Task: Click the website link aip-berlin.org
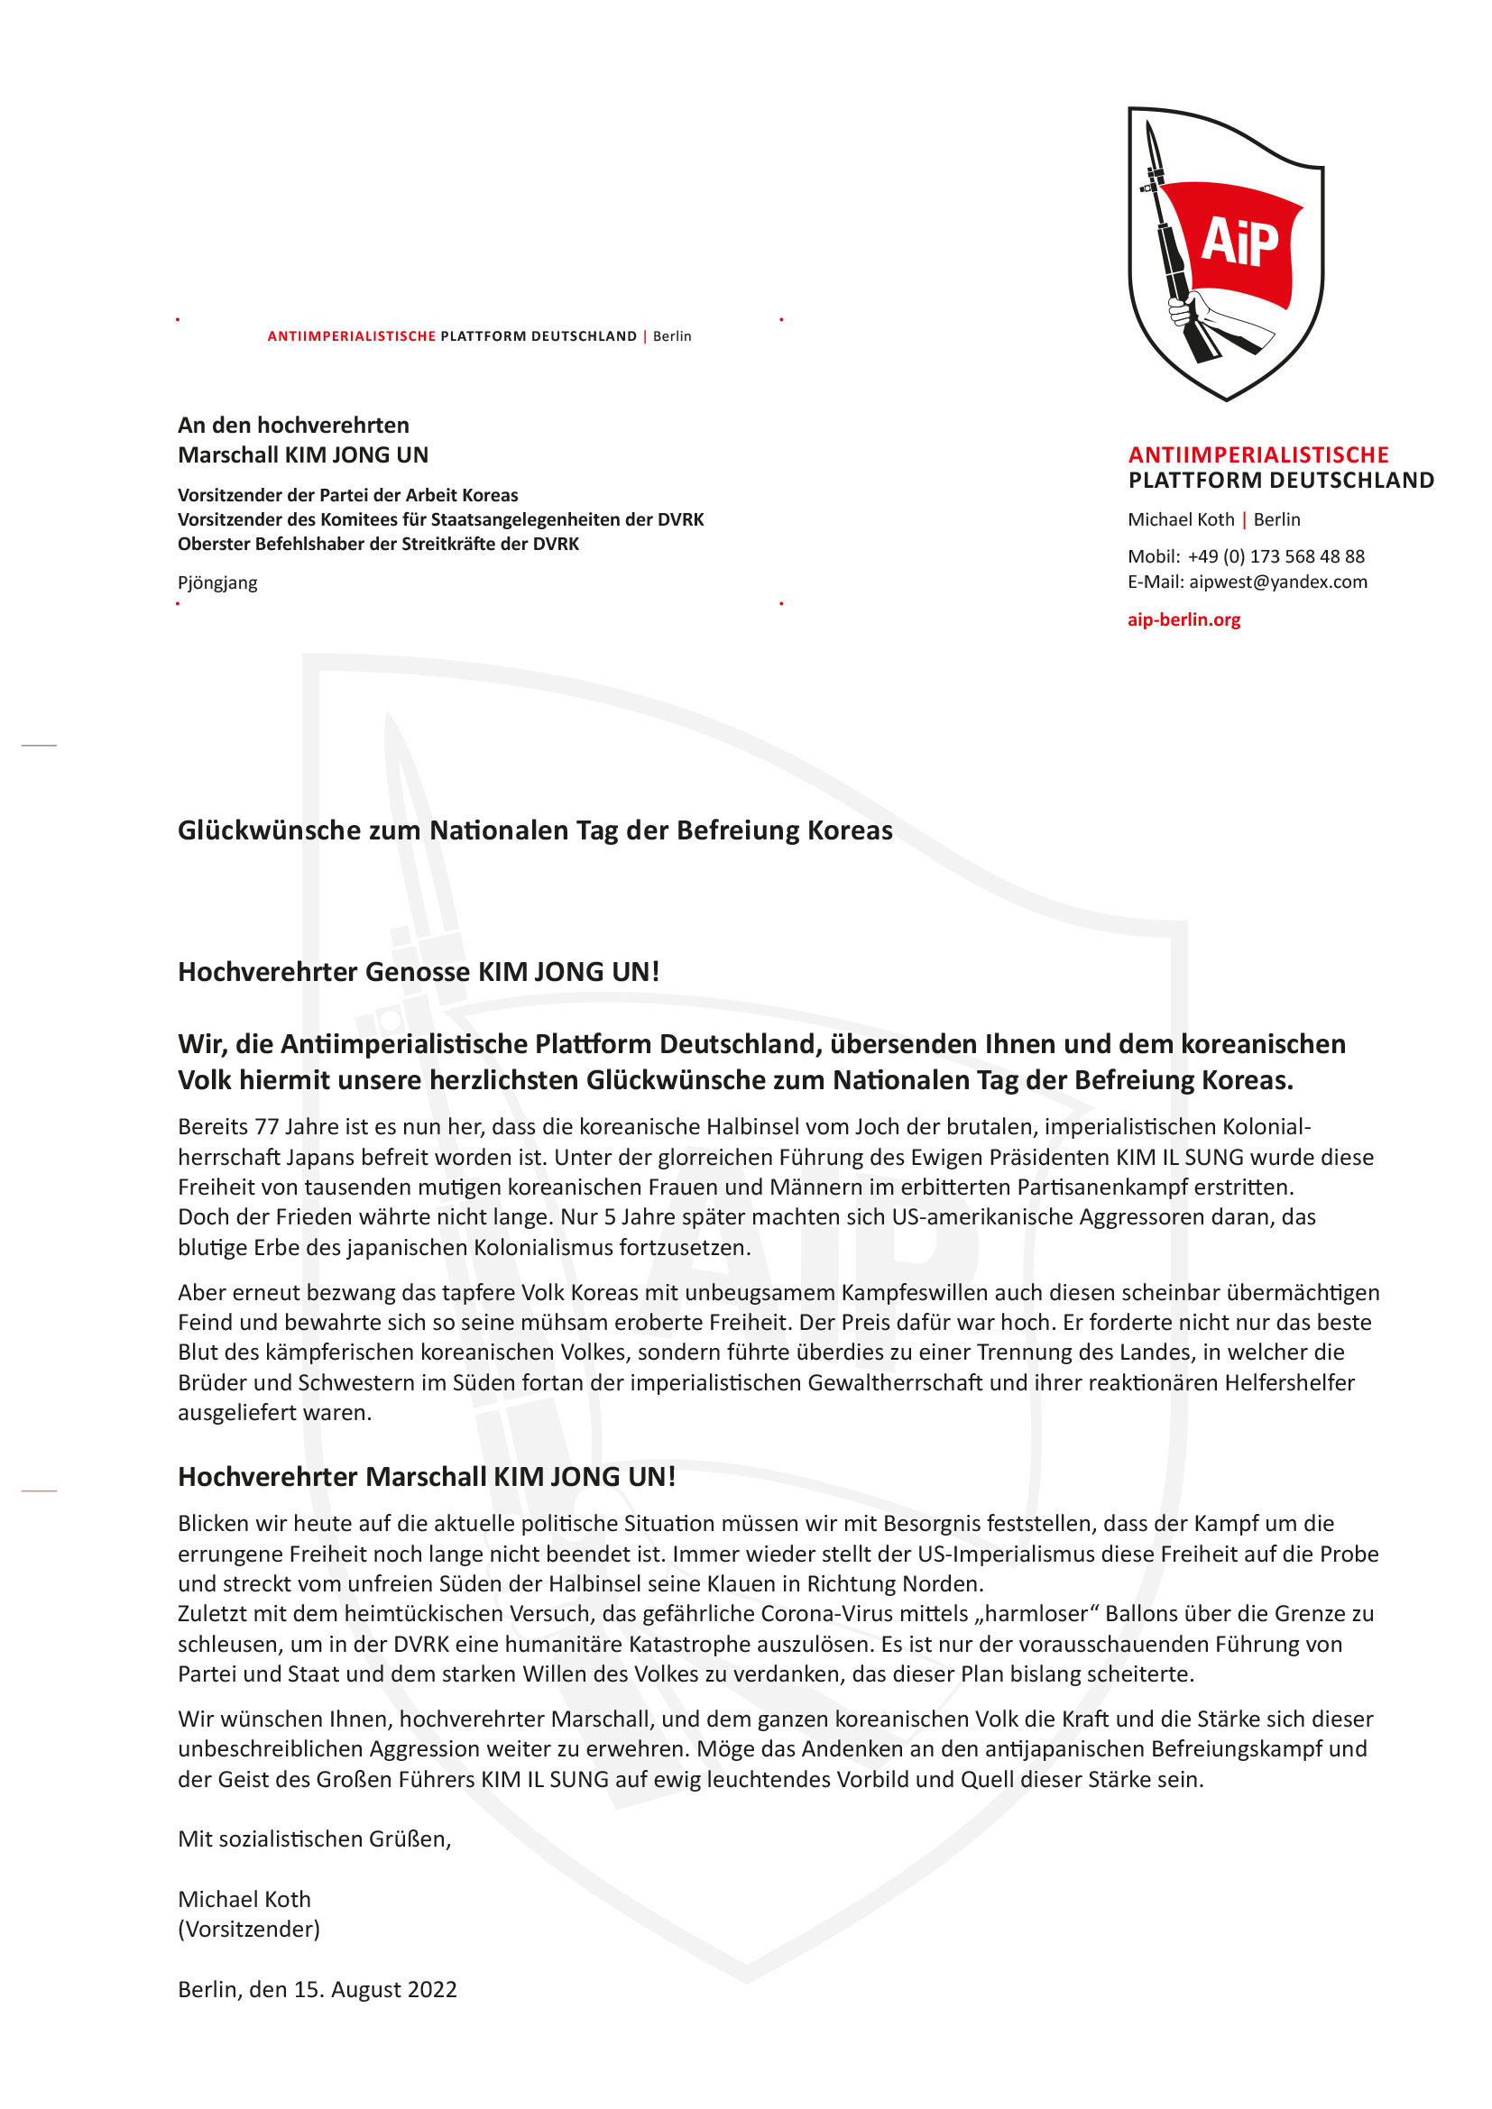point(1183,620)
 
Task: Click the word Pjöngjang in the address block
point(217,583)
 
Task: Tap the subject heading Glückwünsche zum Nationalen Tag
point(535,831)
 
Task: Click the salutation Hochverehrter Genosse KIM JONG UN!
point(418,972)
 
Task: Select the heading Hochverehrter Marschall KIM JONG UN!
point(427,1477)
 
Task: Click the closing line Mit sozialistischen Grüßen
point(314,1838)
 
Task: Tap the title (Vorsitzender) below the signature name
point(249,1929)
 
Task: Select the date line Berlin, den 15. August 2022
point(317,1990)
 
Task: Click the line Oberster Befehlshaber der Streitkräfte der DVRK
point(379,544)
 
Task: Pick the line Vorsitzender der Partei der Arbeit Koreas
point(347,495)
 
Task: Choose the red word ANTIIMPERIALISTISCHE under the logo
point(1257,455)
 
